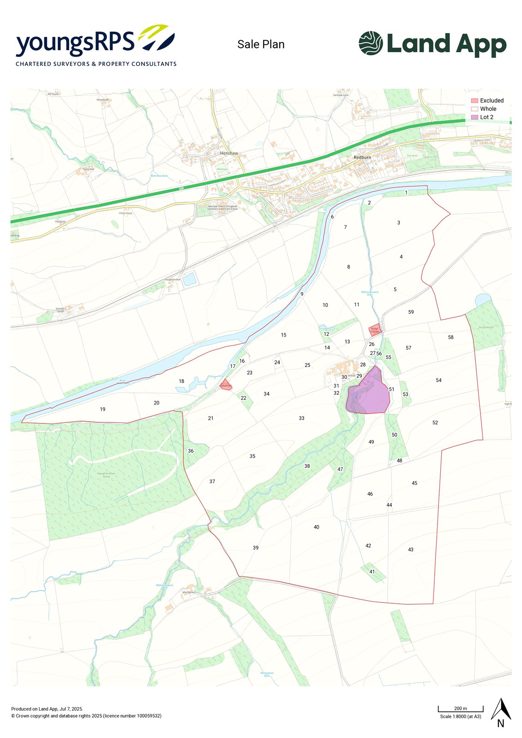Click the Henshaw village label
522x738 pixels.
pos(229,153)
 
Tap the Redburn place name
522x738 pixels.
pos(362,157)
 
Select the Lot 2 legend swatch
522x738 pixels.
pos(474,117)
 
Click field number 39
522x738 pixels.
pos(256,548)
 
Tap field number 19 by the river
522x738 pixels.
pos(102,409)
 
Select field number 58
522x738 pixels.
pos(450,337)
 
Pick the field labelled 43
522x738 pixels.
pos(411,549)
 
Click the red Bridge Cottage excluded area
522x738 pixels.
pos(375,330)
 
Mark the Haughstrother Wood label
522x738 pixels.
pos(106,475)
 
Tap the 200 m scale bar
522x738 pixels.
pos(460,709)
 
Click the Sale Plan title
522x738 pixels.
pos(261,44)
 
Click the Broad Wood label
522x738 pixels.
pos(486,327)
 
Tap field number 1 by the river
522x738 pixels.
pos(406,192)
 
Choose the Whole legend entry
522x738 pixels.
pos(488,109)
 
